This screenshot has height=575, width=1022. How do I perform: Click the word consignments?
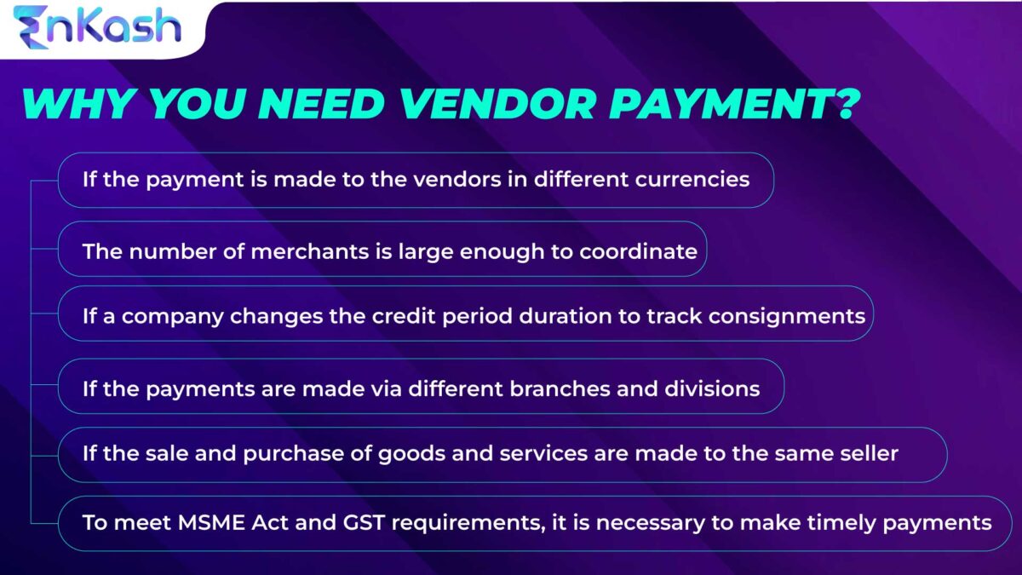pyautogui.click(x=787, y=316)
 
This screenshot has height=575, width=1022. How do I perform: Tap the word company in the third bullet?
pyautogui.click(x=156, y=316)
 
